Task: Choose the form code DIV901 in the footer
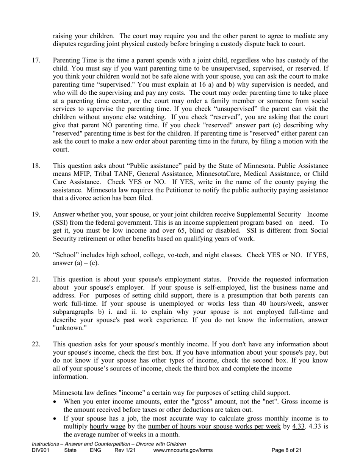click(x=41, y=450)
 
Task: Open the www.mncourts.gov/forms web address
click(x=183, y=450)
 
